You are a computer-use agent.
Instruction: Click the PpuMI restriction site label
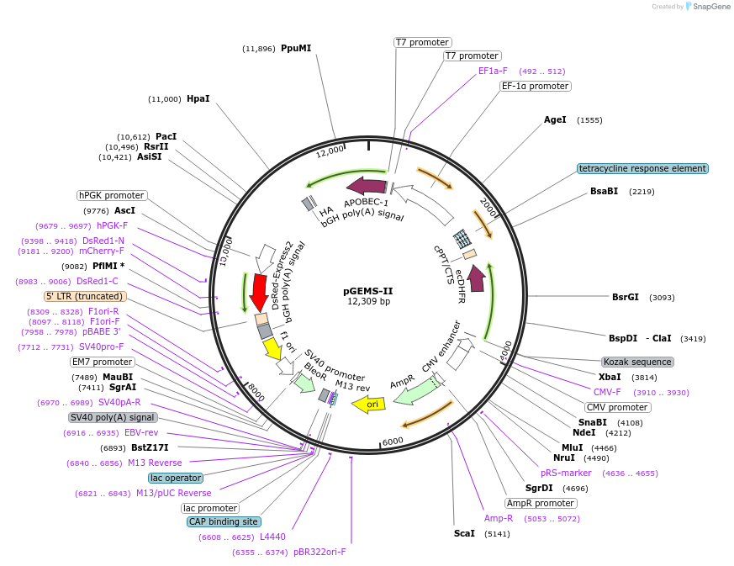(x=296, y=48)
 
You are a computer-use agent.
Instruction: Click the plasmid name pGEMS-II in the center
(x=367, y=291)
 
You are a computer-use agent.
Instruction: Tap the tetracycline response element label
(x=642, y=168)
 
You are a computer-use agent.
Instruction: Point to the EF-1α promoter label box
(x=535, y=86)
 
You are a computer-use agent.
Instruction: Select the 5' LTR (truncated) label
(x=85, y=296)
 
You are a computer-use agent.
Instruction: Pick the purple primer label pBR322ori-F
(x=319, y=552)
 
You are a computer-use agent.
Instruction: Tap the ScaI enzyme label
(x=464, y=533)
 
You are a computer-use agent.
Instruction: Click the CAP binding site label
(x=224, y=521)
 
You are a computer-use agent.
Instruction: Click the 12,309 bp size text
(x=368, y=301)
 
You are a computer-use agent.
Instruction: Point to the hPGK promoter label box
(x=111, y=195)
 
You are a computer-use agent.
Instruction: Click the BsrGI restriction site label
(x=626, y=297)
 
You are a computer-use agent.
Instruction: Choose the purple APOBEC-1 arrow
(x=366, y=186)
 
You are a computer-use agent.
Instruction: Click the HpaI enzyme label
(x=198, y=98)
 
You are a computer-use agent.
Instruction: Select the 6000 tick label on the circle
(x=393, y=441)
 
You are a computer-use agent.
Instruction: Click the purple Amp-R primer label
(x=499, y=518)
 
